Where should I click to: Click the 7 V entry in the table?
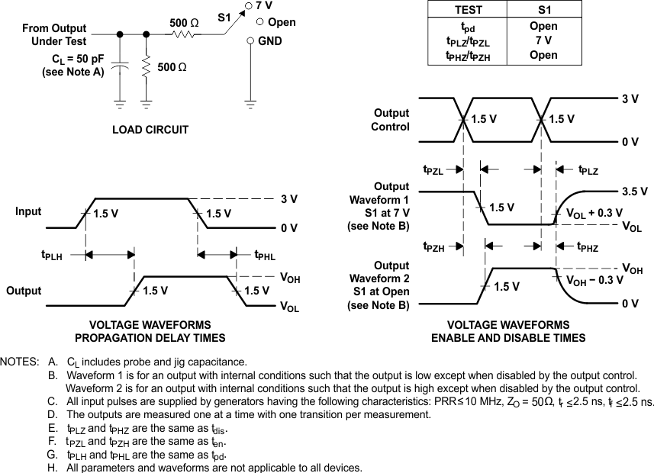543,40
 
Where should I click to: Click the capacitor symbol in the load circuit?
120,68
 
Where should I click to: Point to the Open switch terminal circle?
259,23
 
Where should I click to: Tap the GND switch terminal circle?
250,40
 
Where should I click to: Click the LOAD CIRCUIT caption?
150,130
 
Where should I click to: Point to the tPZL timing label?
433,170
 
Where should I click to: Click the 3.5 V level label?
634,192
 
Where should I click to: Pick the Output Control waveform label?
391,120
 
